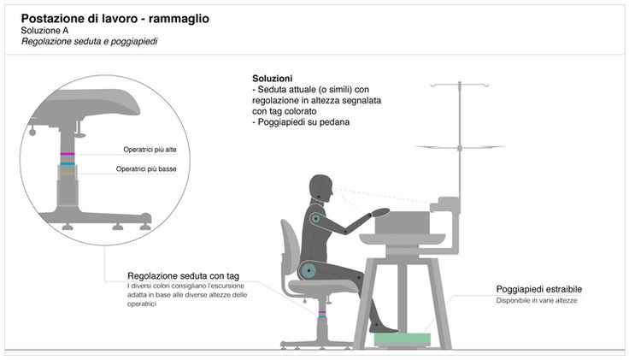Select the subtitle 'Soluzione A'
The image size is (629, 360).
(45, 30)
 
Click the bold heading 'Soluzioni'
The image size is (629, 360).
(271, 78)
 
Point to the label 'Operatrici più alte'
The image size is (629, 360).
(150, 150)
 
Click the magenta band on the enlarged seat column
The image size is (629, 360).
(68, 154)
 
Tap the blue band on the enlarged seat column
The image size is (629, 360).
(68, 162)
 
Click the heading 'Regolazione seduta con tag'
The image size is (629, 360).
(183, 275)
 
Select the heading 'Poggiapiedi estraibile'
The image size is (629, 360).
(538, 289)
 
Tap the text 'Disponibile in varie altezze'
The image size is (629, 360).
(537, 301)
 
